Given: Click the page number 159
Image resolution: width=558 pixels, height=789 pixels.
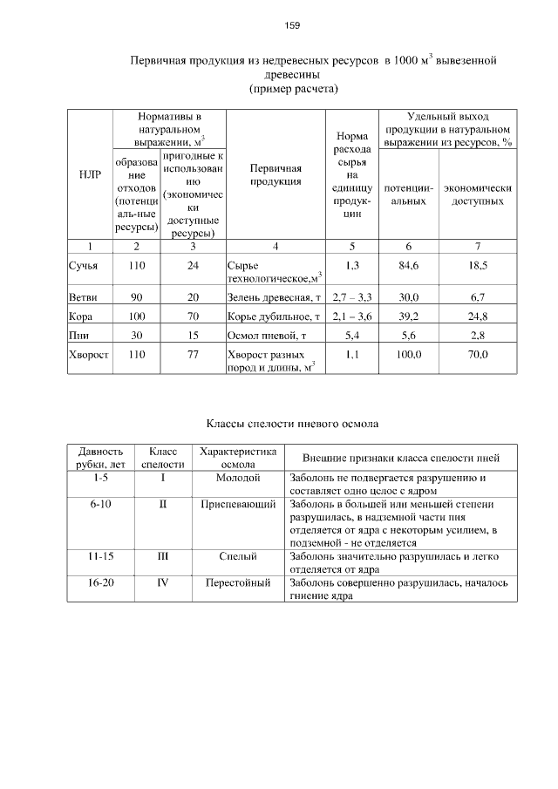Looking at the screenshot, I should click(293, 25).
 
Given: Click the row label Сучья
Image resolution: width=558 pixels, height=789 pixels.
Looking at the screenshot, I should click(84, 264).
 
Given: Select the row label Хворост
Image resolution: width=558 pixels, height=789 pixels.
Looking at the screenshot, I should click(89, 355).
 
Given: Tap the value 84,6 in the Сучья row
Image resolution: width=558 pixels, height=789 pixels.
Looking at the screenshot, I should click(409, 264).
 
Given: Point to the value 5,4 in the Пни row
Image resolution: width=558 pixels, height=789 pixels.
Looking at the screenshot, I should click(353, 335).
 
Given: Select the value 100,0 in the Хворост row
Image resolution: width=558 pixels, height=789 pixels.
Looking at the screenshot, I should click(409, 355).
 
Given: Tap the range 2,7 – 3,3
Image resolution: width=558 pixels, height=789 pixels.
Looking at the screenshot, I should click(353, 296).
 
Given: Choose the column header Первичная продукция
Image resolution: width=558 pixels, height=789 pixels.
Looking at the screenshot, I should click(276, 174).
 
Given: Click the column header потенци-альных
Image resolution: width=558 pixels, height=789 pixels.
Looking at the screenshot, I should click(409, 194).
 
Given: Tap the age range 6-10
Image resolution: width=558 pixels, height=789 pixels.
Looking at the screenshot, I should click(100, 504).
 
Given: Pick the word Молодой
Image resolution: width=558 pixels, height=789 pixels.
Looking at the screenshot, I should click(238, 479).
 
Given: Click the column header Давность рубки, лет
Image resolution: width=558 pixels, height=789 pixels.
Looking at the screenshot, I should click(100, 458).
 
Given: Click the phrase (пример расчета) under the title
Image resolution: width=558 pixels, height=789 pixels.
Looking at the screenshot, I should click(293, 88).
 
